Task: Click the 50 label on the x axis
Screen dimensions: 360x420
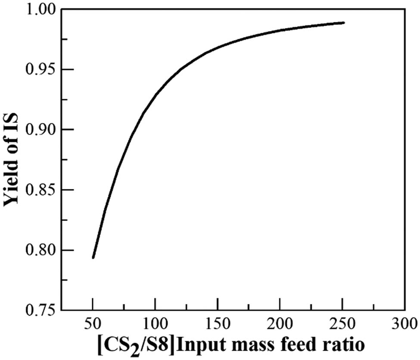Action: pos(93,323)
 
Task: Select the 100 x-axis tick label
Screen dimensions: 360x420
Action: pos(155,323)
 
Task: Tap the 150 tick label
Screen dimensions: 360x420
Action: pos(218,323)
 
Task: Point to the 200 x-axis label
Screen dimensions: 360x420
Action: pos(280,323)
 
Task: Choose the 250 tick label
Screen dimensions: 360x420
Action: pos(342,323)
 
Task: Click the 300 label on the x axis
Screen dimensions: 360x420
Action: pos(404,323)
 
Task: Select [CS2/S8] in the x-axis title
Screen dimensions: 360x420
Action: pos(143,345)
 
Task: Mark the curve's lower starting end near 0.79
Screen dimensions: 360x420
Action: pos(93,257)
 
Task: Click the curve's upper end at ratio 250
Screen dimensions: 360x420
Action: pos(343,22)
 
